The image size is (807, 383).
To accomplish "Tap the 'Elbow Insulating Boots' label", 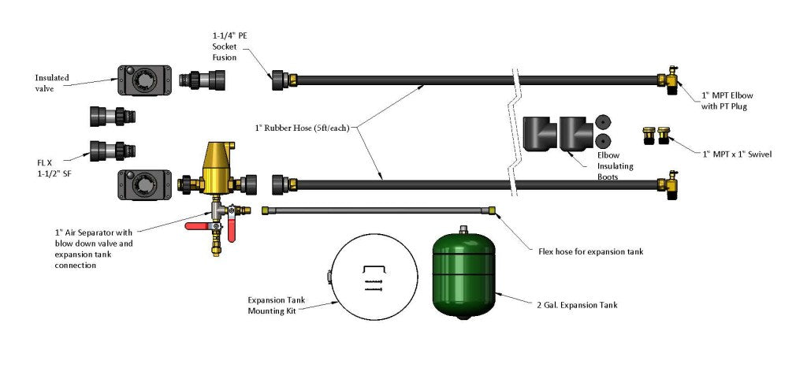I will (615, 167).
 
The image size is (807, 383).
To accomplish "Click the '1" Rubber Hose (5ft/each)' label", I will (302, 128).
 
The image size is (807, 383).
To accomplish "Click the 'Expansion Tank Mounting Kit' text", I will (277, 306).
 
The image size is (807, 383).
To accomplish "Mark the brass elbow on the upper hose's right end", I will (671, 80).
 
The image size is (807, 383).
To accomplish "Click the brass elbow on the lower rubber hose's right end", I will (671, 184).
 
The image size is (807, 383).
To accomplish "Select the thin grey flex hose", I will (378, 210).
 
